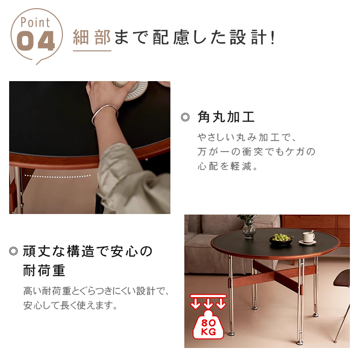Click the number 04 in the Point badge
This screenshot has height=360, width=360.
[x=36, y=41]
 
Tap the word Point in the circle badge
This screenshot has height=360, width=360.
[x=35, y=23]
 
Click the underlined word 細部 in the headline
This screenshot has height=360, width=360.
[x=92, y=37]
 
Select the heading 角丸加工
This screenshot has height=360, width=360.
[x=226, y=117]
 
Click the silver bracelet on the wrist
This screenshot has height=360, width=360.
[x=105, y=114]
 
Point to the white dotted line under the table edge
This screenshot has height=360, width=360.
[x=58, y=176]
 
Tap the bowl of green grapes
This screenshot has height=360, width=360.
[x=281, y=239]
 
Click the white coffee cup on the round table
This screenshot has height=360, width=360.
[x=308, y=237]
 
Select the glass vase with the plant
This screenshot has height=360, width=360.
[x=249, y=228]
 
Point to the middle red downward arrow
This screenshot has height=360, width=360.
[x=208, y=303]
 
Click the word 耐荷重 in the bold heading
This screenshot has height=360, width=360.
[x=44, y=270]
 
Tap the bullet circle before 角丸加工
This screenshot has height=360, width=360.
[x=185, y=117]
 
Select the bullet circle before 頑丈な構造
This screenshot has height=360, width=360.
[x=13, y=251]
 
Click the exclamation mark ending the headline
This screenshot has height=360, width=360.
[x=273, y=37]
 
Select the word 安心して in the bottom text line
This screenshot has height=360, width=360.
[x=41, y=305]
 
